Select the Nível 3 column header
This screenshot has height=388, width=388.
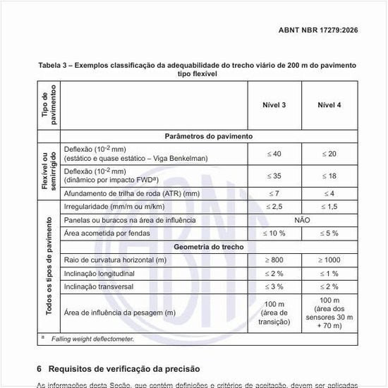(x=273, y=105)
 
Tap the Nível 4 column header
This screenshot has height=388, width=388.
(x=329, y=105)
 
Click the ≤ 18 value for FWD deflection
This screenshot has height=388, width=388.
(x=329, y=176)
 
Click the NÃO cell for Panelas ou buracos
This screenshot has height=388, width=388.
(x=301, y=220)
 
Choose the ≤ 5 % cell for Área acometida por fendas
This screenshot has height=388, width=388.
(x=329, y=233)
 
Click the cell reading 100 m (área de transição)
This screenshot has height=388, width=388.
(x=273, y=312)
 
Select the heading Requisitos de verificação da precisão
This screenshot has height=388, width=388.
(x=124, y=369)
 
